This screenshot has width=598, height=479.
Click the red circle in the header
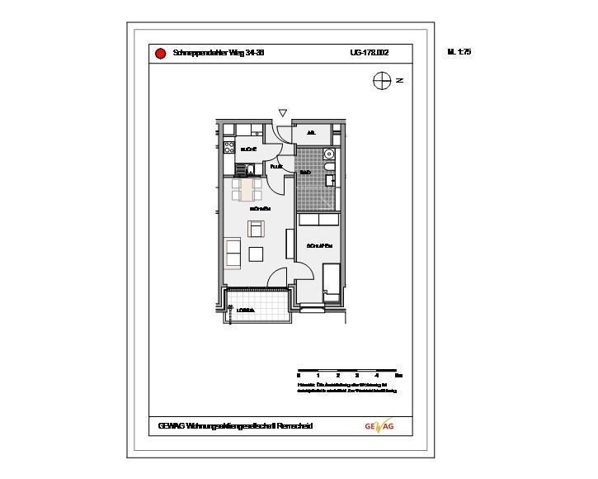coord(161,54)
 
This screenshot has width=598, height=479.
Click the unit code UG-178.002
coord(369,53)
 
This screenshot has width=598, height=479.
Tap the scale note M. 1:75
coord(459,52)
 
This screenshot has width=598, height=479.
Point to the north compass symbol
coord(381,80)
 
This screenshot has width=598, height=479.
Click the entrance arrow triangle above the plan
coord(283,113)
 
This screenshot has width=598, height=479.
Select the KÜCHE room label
coord(248,149)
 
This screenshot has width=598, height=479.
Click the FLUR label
coord(276,167)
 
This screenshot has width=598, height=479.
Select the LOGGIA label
coord(246,310)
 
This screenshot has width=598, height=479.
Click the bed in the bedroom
coord(332,282)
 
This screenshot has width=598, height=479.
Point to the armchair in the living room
coord(257,228)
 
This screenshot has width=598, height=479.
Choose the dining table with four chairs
coord(247,190)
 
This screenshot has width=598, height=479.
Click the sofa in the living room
coord(232,253)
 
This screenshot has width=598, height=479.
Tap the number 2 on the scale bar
coord(337,376)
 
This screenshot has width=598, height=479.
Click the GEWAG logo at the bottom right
coord(379,426)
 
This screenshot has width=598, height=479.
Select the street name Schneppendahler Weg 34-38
coord(219,53)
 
